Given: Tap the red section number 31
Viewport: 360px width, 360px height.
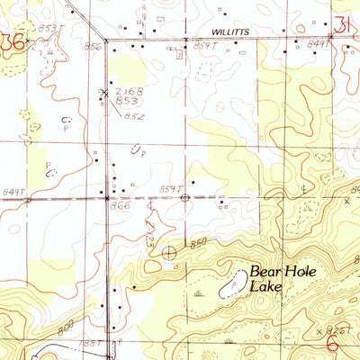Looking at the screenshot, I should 342,26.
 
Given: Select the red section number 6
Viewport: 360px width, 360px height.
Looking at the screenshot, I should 331,342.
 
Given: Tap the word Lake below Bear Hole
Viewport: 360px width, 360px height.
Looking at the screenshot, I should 266,287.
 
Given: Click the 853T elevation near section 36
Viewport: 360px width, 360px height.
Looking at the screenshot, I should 51,29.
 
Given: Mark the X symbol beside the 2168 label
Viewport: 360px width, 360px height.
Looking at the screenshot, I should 105,92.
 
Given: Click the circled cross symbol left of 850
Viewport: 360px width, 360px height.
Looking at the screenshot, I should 170,253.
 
